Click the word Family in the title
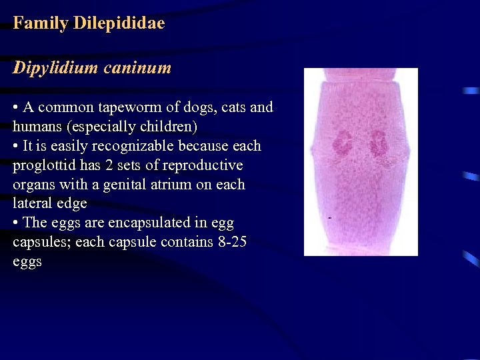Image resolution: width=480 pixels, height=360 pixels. (41, 23)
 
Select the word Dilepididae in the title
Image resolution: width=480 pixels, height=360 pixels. (119, 23)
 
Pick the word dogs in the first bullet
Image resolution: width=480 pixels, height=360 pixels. (199, 107)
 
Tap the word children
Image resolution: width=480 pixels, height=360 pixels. (169, 127)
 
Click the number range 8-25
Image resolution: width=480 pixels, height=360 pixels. (232, 242)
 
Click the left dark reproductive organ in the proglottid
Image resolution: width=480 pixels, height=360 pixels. (344, 143)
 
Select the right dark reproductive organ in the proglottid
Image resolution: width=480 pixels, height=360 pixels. (379, 143)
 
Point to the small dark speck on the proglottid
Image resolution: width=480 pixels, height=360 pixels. (330, 218)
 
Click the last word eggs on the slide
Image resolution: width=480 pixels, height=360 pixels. (27, 261)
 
